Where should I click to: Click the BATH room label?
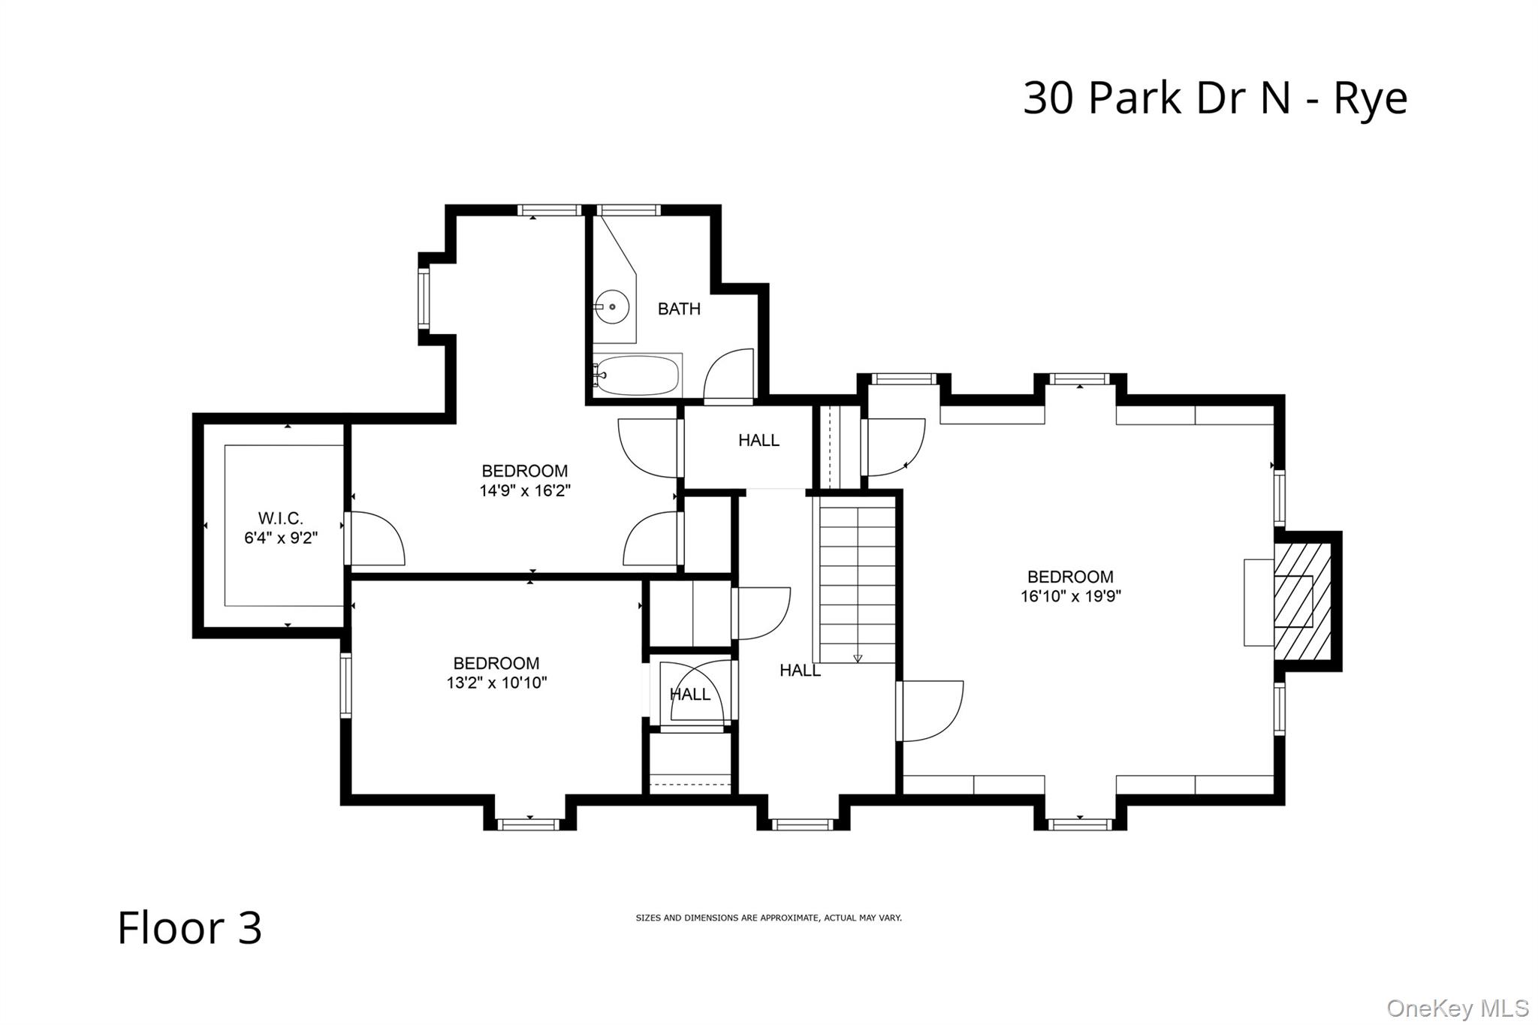pos(679,309)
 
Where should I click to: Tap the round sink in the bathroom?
pos(611,307)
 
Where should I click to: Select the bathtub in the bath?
pos(638,375)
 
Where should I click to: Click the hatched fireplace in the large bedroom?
pos(1302,601)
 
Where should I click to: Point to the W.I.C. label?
pos(280,518)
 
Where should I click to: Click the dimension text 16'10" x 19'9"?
pos(1070,597)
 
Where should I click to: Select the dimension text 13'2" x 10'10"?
pos(496,683)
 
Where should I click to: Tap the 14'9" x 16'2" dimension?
pos(525,491)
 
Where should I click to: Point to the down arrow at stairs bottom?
pos(858,659)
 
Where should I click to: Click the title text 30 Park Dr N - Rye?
pos(1214,98)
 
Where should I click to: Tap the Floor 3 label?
pos(190,927)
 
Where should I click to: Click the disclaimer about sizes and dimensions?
pos(768,918)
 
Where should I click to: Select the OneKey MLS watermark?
pos(1457,1008)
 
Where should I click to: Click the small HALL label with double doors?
pos(689,695)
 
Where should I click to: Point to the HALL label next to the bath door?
pos(758,440)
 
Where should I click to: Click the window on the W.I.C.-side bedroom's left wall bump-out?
pos(424,299)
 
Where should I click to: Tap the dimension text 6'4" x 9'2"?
pos(280,538)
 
